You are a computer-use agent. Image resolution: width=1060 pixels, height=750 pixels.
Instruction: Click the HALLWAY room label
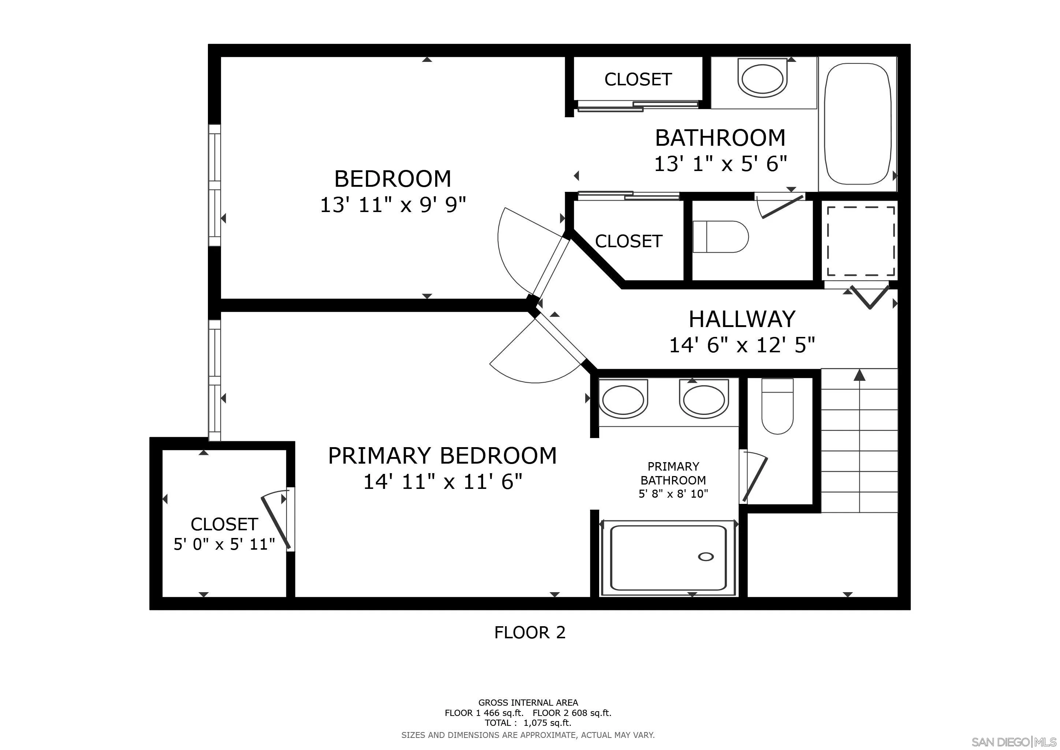[742, 319]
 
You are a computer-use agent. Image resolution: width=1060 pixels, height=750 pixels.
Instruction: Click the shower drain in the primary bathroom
[706, 557]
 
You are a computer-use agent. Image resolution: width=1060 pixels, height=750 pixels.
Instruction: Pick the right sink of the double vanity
[703, 400]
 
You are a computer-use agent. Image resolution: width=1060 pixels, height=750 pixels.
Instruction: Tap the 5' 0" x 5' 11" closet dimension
[224, 545]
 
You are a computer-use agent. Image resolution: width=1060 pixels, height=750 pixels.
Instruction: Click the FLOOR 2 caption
[530, 632]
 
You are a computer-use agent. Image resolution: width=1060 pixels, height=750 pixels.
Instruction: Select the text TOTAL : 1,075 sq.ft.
[528, 723]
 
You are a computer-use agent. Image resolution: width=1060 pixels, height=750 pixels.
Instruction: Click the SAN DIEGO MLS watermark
[1014, 742]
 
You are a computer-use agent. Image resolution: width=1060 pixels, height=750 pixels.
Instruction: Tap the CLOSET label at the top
[638, 79]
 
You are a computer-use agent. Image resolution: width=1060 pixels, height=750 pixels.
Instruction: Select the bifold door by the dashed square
[869, 297]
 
